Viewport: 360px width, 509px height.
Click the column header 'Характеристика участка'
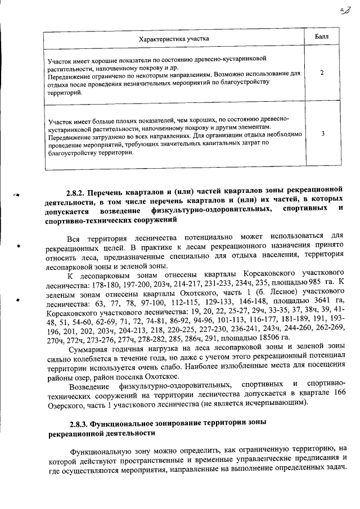tap(174, 39)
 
